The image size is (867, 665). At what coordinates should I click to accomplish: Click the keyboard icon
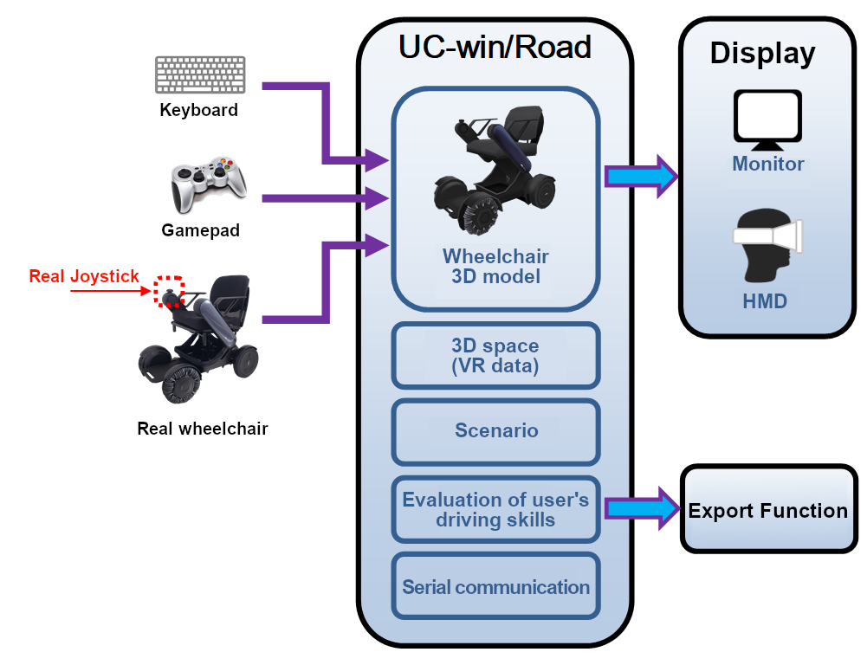(199, 74)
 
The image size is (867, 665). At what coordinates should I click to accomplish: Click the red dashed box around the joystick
(169, 292)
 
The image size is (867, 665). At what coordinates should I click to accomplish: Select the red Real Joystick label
(84, 276)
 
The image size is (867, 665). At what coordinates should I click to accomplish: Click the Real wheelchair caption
(203, 429)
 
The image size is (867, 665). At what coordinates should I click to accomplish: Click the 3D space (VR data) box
(495, 355)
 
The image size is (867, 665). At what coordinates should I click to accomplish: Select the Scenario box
(495, 430)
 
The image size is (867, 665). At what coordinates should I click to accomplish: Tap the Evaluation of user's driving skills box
(495, 509)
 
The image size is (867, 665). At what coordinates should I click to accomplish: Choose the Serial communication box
(495, 587)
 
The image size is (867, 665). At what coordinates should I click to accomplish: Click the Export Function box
(767, 510)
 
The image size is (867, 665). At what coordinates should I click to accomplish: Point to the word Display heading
(762, 53)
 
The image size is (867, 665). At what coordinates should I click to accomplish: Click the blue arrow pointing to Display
(641, 177)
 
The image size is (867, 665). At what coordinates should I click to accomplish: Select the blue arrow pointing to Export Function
(641, 509)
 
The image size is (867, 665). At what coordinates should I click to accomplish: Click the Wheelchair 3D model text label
(495, 267)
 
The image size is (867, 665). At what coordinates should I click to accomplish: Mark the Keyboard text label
(199, 110)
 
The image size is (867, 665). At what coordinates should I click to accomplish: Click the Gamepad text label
(201, 230)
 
